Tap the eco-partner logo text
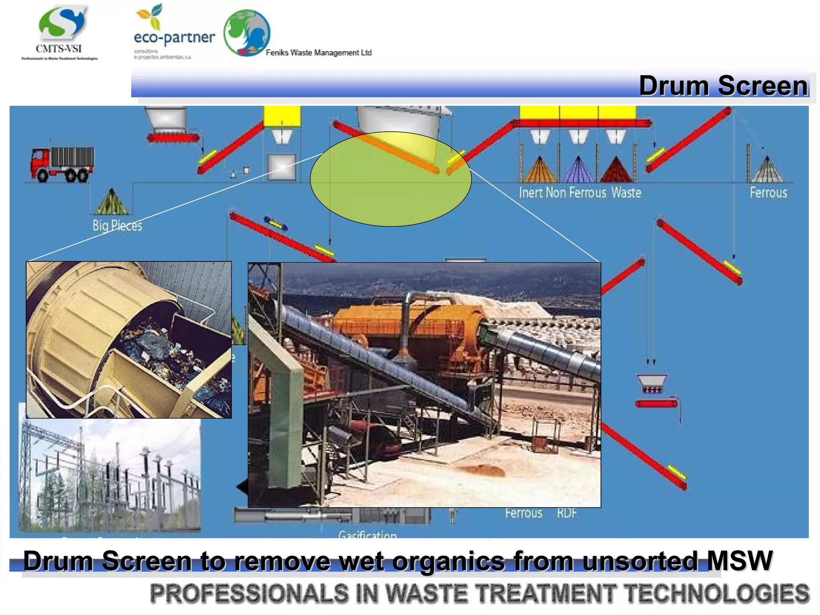174,38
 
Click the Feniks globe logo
247,33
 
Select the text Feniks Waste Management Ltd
319,52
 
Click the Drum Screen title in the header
723,86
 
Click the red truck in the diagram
62,164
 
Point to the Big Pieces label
117,225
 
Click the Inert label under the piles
531,193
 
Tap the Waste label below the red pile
626,193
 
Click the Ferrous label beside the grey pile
768,193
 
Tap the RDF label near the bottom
567,513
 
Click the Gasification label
367,534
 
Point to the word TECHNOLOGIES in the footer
717,593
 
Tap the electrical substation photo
109,476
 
